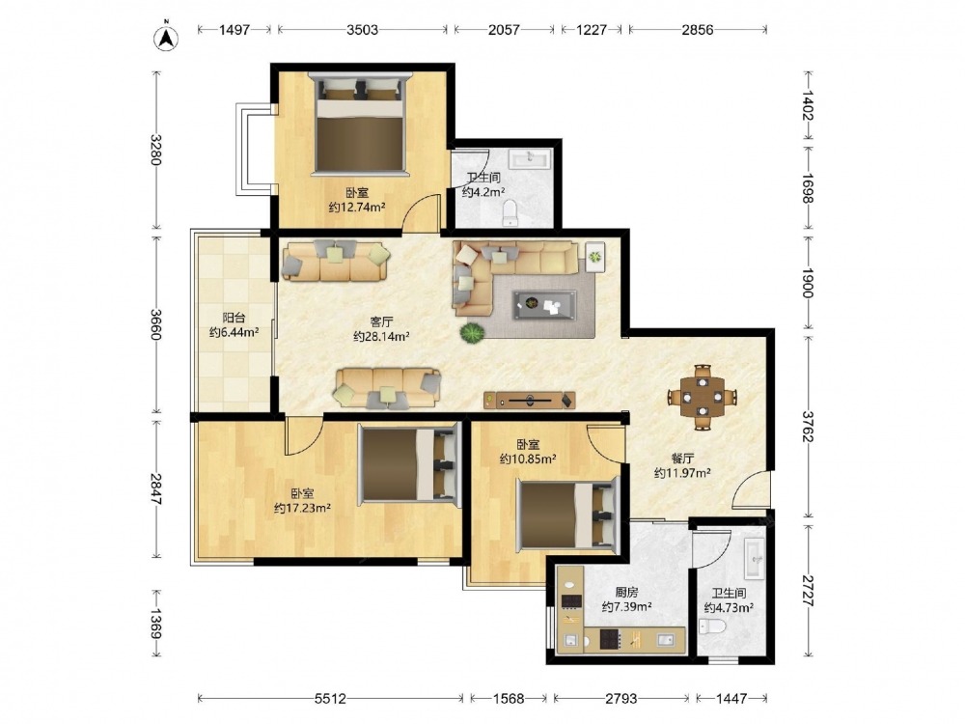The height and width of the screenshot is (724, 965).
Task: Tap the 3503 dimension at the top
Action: click(362, 30)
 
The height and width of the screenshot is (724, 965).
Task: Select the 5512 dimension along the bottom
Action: click(330, 699)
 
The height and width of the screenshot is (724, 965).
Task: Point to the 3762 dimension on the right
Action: click(807, 426)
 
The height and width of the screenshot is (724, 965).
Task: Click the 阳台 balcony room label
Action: click(234, 318)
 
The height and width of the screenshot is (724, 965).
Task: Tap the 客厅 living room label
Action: click(381, 321)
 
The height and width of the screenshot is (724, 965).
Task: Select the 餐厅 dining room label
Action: click(682, 458)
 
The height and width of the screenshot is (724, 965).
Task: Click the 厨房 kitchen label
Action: click(626, 593)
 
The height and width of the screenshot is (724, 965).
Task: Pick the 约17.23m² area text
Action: click(302, 508)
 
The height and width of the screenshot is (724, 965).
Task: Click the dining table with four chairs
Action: click(703, 397)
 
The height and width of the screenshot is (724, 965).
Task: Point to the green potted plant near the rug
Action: click(472, 333)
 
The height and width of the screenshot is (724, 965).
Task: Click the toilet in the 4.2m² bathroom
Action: click(510, 213)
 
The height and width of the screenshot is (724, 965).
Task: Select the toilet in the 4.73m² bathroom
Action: click(712, 627)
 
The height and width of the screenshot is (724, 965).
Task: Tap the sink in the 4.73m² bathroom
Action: click(755, 558)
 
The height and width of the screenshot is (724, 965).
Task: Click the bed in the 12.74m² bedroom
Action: click(360, 125)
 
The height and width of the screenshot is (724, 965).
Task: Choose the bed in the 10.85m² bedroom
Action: click(567, 515)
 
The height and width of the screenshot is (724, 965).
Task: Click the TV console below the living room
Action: click(529, 401)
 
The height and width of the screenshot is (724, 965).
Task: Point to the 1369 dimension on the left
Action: click(155, 624)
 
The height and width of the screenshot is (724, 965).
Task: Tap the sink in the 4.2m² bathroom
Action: click(531, 159)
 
